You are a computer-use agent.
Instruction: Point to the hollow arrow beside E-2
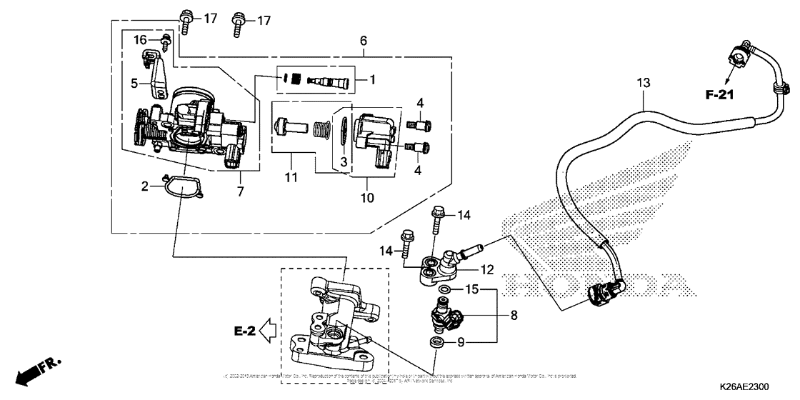268,331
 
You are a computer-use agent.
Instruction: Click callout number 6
364,41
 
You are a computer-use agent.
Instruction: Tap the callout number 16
141,39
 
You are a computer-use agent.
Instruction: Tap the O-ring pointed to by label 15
445,289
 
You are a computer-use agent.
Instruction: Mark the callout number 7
241,191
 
